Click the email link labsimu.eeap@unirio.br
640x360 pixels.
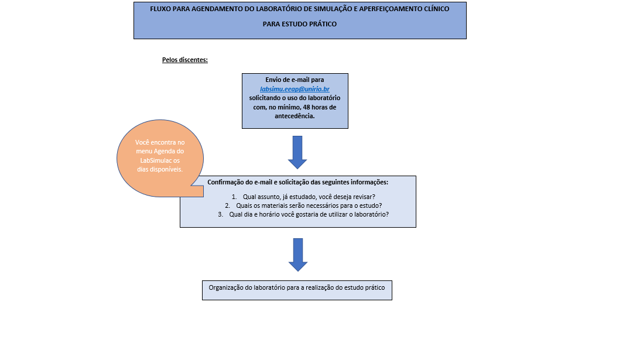click(295, 89)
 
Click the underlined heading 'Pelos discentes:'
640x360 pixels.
click(185, 60)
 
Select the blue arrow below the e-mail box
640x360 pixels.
click(297, 152)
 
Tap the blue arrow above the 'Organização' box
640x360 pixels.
click(298, 255)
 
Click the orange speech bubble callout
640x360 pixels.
click(160, 159)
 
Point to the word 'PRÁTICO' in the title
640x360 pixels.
click(323, 24)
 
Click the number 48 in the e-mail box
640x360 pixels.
click(306, 107)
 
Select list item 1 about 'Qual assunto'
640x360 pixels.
click(303, 197)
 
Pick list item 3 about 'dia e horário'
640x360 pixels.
click(303, 214)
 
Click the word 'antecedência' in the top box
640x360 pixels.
click(294, 116)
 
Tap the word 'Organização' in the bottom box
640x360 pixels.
click(225, 288)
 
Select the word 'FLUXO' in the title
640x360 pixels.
click(160, 9)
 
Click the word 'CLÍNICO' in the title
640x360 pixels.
click(436, 9)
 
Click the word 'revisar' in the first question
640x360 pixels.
click(364, 197)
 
